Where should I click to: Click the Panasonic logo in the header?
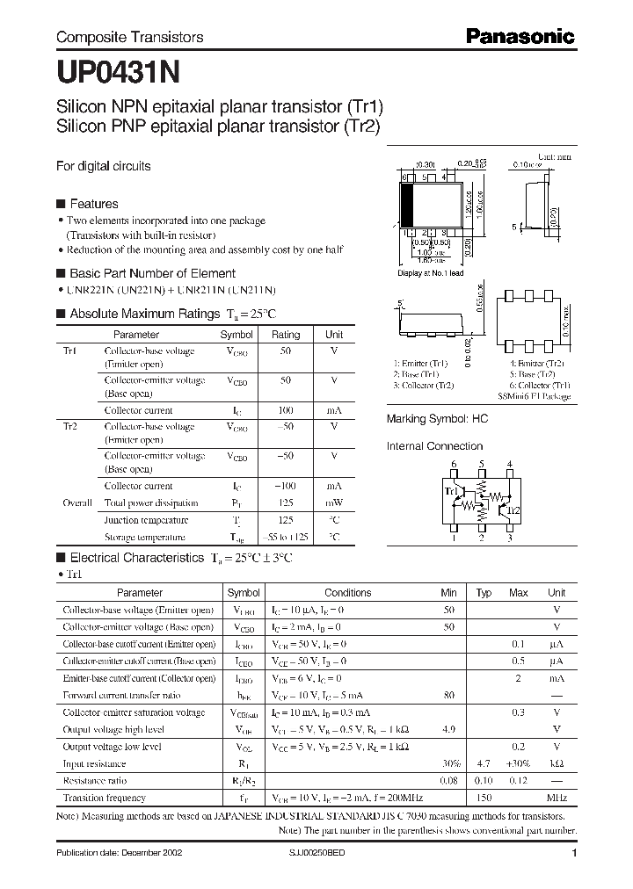pos(519,36)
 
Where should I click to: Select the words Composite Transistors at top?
pos(129,37)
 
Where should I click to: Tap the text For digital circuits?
pos(103,165)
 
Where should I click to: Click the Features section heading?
pos(93,204)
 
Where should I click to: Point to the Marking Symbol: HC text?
pos(437,419)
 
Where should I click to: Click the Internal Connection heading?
pos(435,446)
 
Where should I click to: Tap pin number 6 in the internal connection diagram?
pos(454,464)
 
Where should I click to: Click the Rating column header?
pos(286,335)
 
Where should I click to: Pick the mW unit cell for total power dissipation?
pos(334,503)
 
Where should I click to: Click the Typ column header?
pos(484,593)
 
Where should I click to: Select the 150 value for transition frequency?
pos(484,798)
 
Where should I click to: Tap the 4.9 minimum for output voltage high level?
pos(448,729)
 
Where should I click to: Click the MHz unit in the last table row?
pos(556,798)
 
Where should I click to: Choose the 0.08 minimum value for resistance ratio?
pos(448,780)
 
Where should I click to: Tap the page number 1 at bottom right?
pos(574,853)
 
